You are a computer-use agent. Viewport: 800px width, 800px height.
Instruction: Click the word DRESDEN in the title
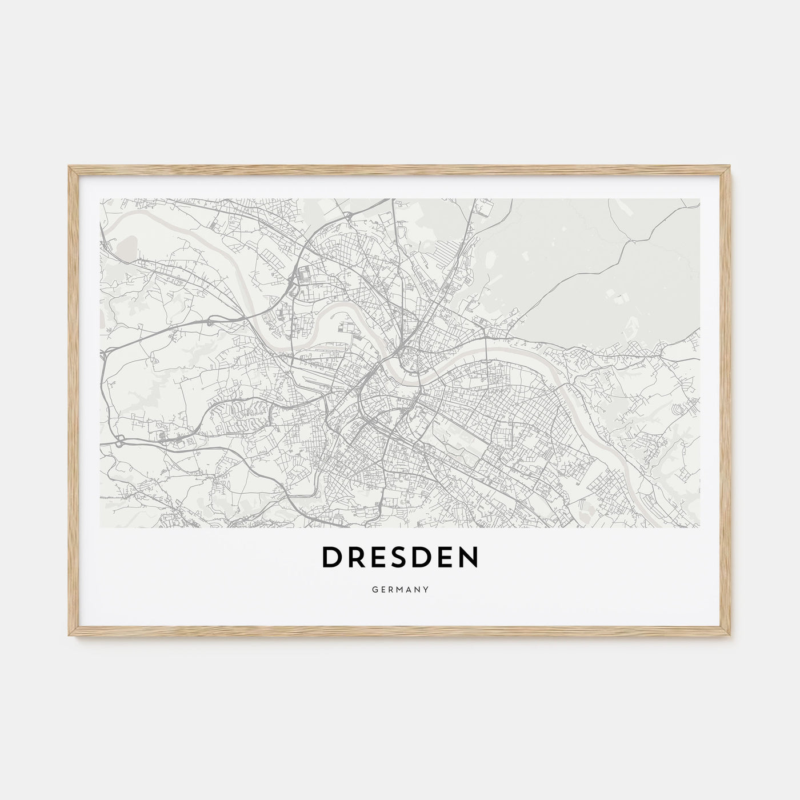tap(400, 558)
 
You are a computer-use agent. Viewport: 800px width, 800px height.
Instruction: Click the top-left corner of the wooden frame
tap(70, 167)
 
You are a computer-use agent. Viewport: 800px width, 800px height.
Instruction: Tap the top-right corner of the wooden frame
tap(730, 167)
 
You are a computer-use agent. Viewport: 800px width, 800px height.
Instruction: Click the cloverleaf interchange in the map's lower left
tap(119, 441)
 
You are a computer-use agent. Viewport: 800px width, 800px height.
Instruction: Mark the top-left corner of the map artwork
tap(101, 199)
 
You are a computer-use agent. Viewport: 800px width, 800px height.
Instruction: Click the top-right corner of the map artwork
tap(699, 199)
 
